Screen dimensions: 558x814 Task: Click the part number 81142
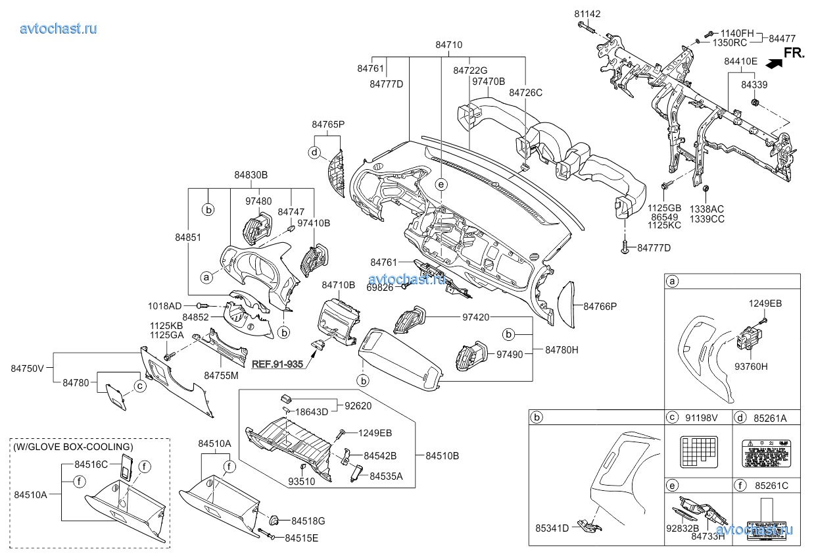[x=587, y=14]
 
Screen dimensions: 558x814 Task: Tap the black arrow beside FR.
[x=773, y=64]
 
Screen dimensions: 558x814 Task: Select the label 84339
[x=755, y=85]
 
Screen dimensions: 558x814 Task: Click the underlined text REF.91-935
[x=277, y=363]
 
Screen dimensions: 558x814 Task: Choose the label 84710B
[x=338, y=285]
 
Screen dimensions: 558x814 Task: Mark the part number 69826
[x=380, y=288]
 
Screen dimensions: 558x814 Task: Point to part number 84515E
[x=302, y=538]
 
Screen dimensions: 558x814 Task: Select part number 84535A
[x=386, y=476]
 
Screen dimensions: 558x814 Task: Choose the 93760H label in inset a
[x=750, y=366]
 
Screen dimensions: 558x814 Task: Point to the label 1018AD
[x=164, y=306]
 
